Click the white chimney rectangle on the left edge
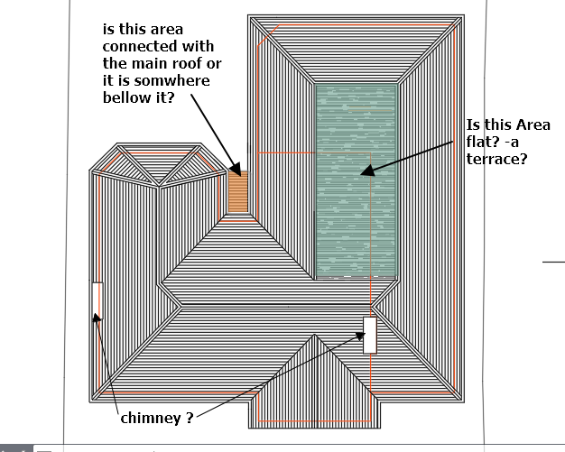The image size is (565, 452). (x=97, y=301)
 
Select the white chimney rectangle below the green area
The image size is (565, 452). (x=369, y=335)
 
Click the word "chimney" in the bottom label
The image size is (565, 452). (x=148, y=419)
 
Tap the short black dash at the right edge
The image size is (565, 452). (x=553, y=262)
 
